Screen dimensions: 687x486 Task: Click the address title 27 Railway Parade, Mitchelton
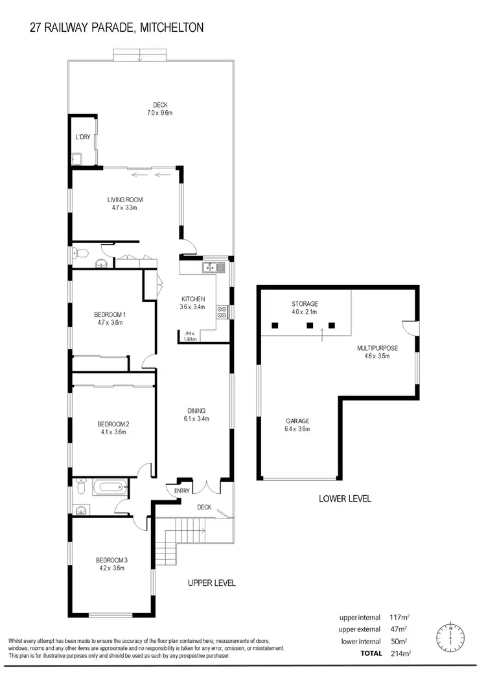(117, 27)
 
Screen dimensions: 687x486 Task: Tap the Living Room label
(125, 200)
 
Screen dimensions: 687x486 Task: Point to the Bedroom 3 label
(110, 560)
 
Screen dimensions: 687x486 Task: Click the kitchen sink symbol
(213, 267)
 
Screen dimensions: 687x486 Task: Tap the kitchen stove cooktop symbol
(222, 312)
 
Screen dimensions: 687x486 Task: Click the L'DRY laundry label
(82, 137)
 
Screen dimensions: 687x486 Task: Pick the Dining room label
(196, 410)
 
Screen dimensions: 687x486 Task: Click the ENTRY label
(182, 491)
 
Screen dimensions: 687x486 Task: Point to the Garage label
(297, 421)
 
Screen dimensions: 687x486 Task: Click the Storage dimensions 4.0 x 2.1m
(305, 312)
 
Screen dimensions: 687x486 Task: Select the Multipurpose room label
(378, 348)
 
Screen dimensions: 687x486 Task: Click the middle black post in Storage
(310, 325)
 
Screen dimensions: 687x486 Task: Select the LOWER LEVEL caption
(344, 498)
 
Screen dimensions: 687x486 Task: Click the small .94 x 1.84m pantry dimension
(190, 336)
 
